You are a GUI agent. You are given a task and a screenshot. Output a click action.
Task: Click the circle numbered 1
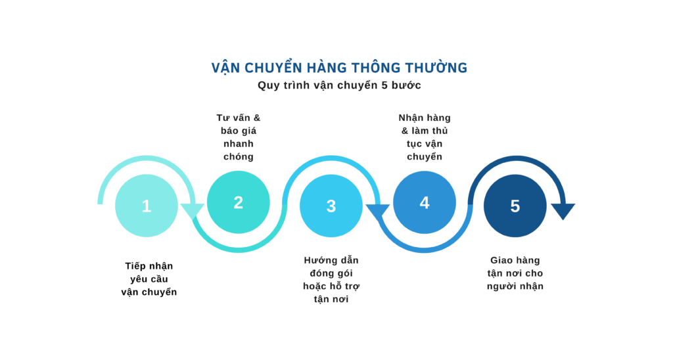(x=147, y=206)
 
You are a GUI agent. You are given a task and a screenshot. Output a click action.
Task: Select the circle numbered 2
(x=238, y=202)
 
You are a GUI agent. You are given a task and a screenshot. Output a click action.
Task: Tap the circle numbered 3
(x=331, y=206)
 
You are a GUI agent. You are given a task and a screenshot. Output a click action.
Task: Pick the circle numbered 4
(x=425, y=202)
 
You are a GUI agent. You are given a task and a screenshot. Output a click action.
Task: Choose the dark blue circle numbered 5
(x=515, y=206)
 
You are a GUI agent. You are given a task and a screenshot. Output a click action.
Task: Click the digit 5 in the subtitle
(x=384, y=85)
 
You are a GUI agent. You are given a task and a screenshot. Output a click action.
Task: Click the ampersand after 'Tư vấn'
(x=257, y=118)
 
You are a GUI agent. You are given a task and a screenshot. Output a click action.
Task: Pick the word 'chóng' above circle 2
(x=238, y=157)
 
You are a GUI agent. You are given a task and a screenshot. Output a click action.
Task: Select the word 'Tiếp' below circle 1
(x=135, y=266)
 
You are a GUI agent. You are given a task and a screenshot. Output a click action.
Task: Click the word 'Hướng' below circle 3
(x=319, y=260)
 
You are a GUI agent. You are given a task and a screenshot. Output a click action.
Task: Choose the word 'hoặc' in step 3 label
(x=315, y=286)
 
